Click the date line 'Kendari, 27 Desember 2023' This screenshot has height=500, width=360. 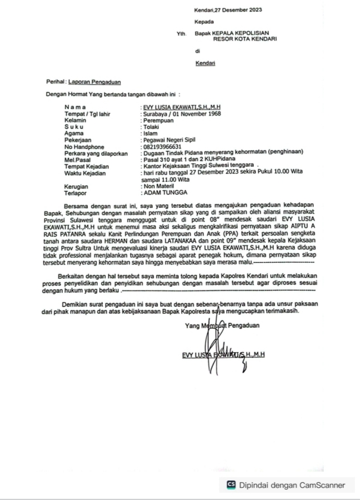(x=228, y=10)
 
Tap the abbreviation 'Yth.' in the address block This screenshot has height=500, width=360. (x=181, y=34)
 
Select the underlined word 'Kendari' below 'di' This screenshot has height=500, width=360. (x=205, y=63)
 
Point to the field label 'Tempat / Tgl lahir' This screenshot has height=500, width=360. (x=87, y=114)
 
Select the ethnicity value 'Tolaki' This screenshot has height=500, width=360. (x=151, y=127)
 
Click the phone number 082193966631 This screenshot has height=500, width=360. (x=162, y=147)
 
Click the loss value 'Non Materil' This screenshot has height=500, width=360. (x=158, y=187)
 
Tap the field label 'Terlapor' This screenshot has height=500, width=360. (x=75, y=193)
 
